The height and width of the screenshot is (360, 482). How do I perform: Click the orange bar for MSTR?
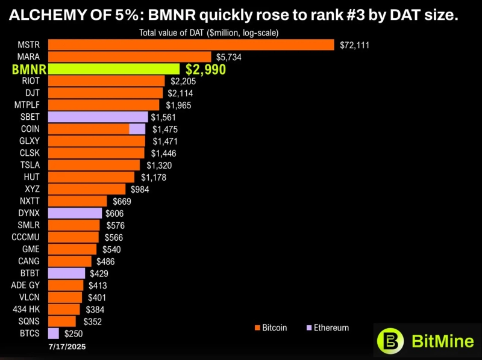click(x=190, y=45)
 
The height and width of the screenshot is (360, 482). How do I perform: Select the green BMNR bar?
click(x=113, y=69)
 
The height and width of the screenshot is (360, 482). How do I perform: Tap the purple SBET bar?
click(x=98, y=117)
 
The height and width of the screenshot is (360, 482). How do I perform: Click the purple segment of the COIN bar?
click(x=137, y=129)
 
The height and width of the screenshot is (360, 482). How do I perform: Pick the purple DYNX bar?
click(x=75, y=213)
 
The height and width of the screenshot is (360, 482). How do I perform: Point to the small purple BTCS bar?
click(x=53, y=334)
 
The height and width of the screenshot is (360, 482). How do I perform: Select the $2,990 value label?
click(x=205, y=69)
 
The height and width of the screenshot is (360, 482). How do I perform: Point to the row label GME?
click(x=31, y=249)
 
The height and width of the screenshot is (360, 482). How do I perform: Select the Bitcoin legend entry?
click(x=271, y=328)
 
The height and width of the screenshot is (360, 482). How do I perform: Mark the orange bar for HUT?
click(x=91, y=177)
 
